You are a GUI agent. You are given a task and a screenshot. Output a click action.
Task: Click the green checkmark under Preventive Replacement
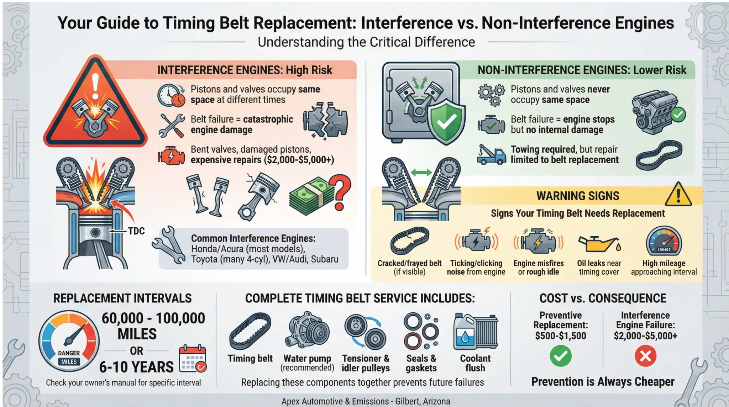(x=560, y=356)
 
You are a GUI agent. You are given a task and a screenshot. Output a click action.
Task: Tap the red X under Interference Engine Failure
(x=645, y=356)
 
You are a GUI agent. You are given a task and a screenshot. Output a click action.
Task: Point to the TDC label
(x=136, y=231)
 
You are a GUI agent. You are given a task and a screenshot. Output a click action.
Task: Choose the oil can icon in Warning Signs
(x=599, y=244)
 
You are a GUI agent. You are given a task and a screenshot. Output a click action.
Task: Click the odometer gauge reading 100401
(x=664, y=242)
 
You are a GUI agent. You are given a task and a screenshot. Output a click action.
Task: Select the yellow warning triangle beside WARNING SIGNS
(x=678, y=195)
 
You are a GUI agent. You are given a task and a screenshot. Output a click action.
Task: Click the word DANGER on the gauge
(x=69, y=353)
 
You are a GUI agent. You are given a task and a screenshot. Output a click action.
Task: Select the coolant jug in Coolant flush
(x=465, y=332)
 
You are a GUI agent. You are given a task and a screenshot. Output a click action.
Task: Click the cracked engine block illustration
(x=325, y=120)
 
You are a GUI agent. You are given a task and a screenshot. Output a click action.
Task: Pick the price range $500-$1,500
(x=560, y=335)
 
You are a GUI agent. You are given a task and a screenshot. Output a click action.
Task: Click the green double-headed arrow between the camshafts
(x=421, y=173)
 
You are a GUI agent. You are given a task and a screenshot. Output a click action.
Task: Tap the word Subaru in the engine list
(x=324, y=259)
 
